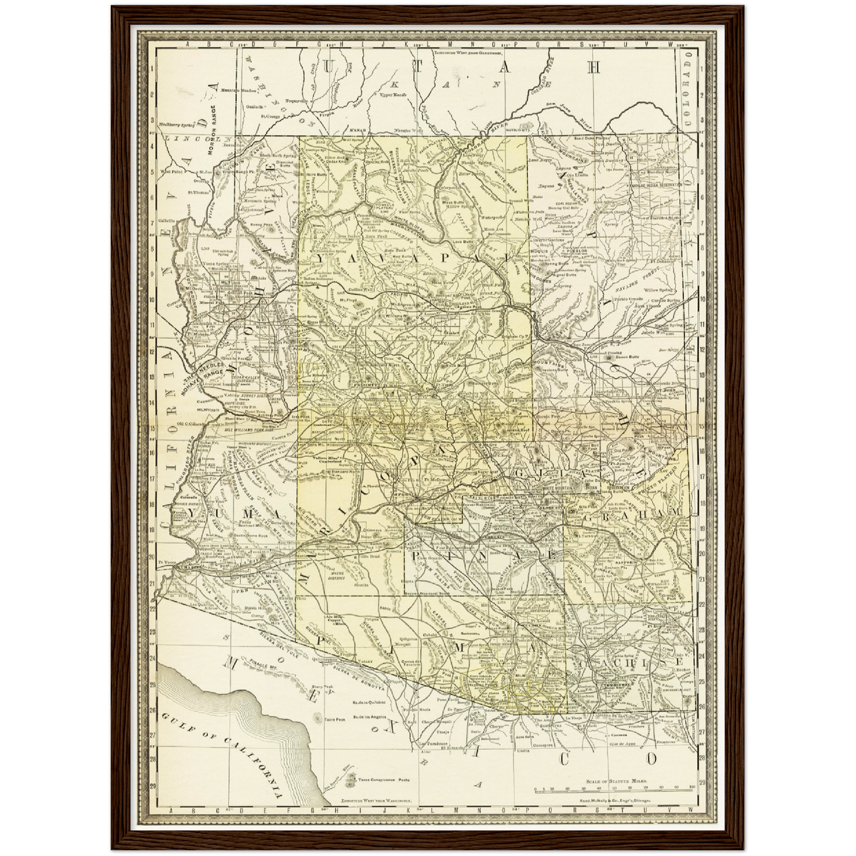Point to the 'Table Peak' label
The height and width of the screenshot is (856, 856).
click(335, 720)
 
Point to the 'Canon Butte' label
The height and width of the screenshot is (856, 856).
click(627, 358)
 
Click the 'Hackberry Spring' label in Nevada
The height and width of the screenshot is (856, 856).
click(177, 125)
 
